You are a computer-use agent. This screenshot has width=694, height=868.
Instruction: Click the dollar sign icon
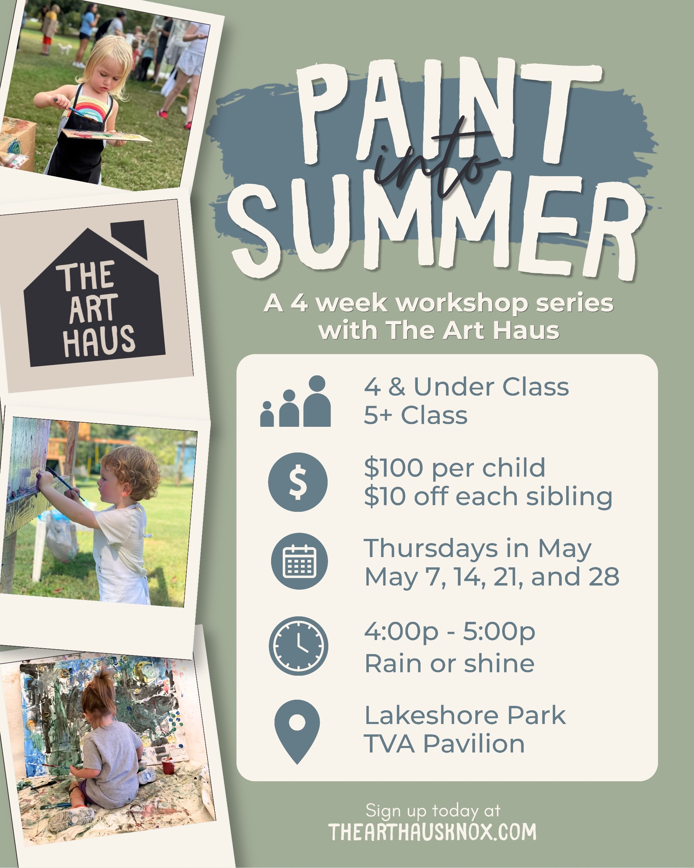click(297, 482)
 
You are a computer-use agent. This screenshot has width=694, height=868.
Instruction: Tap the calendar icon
click(299, 561)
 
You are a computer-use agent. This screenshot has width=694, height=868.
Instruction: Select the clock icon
click(298, 646)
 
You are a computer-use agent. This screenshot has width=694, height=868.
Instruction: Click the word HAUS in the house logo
click(99, 341)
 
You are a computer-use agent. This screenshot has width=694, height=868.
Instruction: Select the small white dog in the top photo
click(64, 48)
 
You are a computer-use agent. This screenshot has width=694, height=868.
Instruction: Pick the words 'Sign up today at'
click(433, 810)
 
